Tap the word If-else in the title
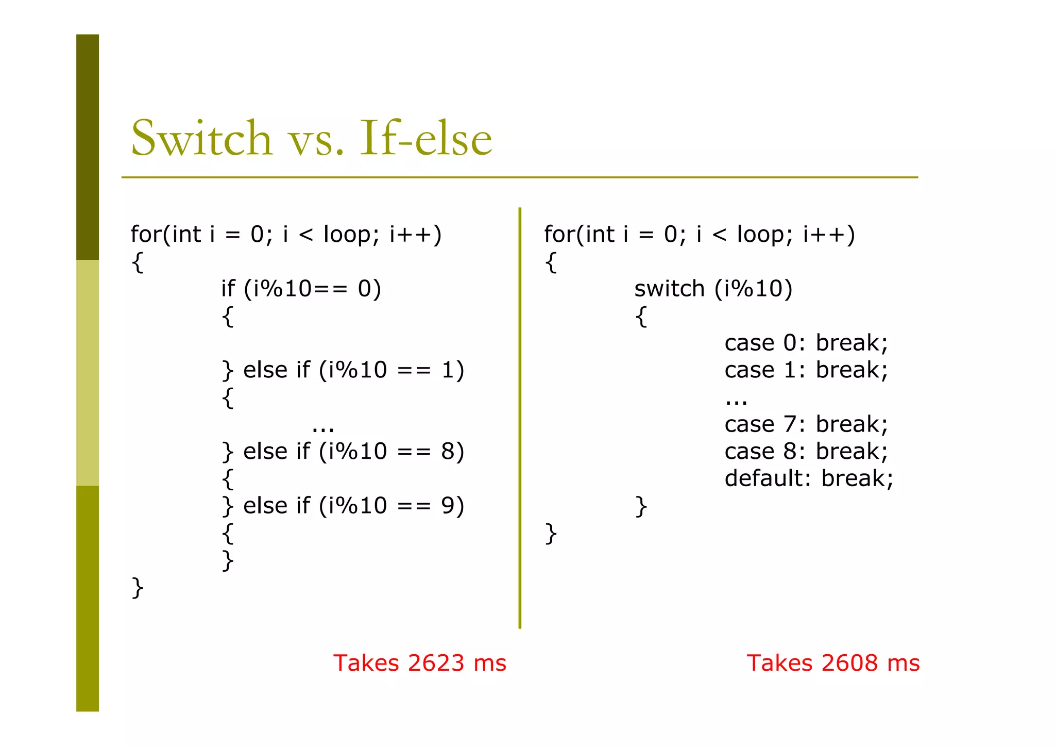(x=426, y=138)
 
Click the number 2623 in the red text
(x=436, y=663)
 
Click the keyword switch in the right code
(x=669, y=289)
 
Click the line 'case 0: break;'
(x=806, y=343)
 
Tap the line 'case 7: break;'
(x=806, y=424)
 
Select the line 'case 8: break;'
(x=806, y=452)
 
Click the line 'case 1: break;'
(x=806, y=370)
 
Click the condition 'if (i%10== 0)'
(x=301, y=289)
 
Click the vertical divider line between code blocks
(x=520, y=418)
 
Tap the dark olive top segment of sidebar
(x=88, y=147)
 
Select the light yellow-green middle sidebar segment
(x=88, y=372)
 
